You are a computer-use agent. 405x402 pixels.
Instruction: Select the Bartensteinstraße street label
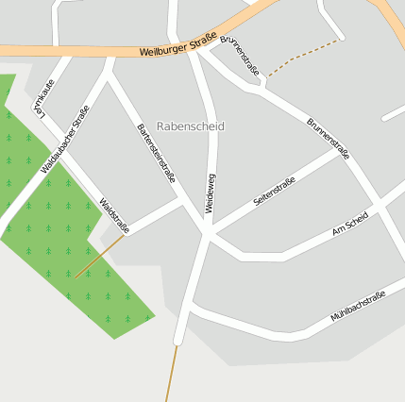coord(156,152)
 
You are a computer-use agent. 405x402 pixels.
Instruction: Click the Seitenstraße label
coord(275,192)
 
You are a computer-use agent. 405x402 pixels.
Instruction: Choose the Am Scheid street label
coord(350,225)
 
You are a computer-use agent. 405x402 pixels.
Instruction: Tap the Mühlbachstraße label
coord(358,309)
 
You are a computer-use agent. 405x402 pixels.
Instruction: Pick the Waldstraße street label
coord(114,214)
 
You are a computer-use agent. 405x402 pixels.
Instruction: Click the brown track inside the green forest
coord(99,256)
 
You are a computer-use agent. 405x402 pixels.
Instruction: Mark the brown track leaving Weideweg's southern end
coord(172,373)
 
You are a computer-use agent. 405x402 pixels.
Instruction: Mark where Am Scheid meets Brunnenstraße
coord(380,202)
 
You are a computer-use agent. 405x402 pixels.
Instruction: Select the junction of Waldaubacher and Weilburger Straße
coord(110,54)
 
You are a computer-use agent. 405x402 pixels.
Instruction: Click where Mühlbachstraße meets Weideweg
coord(191,307)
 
